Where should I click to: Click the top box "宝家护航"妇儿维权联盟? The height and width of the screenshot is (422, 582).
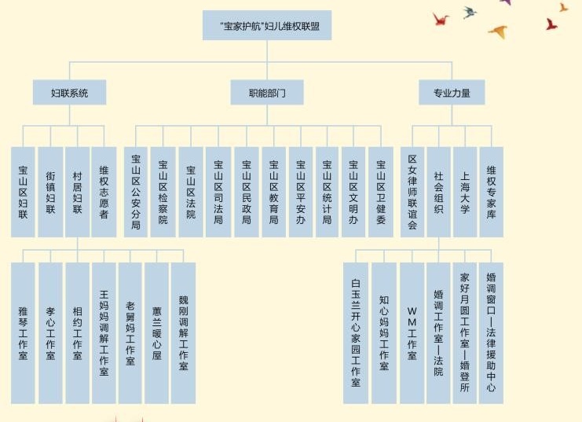tap(266, 26)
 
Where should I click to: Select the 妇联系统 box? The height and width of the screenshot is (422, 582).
tap(69, 93)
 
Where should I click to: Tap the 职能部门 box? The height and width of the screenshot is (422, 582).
tap(266, 93)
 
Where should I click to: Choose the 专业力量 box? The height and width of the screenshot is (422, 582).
tap(452, 93)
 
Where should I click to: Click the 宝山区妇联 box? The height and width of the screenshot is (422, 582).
tap(23, 192)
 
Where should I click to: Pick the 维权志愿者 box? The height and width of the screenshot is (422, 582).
tap(104, 192)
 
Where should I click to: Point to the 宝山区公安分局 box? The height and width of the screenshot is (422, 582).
tap(136, 192)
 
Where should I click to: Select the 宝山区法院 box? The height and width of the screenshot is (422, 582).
tap(190, 192)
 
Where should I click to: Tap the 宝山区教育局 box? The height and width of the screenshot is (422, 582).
tap(273, 192)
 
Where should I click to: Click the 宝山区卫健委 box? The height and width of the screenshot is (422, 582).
tap(381, 192)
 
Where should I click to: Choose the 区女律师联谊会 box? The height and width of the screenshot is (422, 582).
tap(412, 192)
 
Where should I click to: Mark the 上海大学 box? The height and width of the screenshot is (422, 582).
tap(465, 192)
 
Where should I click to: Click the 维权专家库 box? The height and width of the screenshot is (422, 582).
tap(492, 192)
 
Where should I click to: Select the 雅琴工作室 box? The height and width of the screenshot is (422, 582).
tap(23, 332)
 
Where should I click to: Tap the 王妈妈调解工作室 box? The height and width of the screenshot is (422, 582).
tap(104, 332)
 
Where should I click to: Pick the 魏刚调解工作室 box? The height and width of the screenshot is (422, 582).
tap(183, 332)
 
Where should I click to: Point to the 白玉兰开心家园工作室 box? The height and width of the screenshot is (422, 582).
tap(356, 332)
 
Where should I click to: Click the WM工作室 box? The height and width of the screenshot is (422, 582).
tap(412, 332)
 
